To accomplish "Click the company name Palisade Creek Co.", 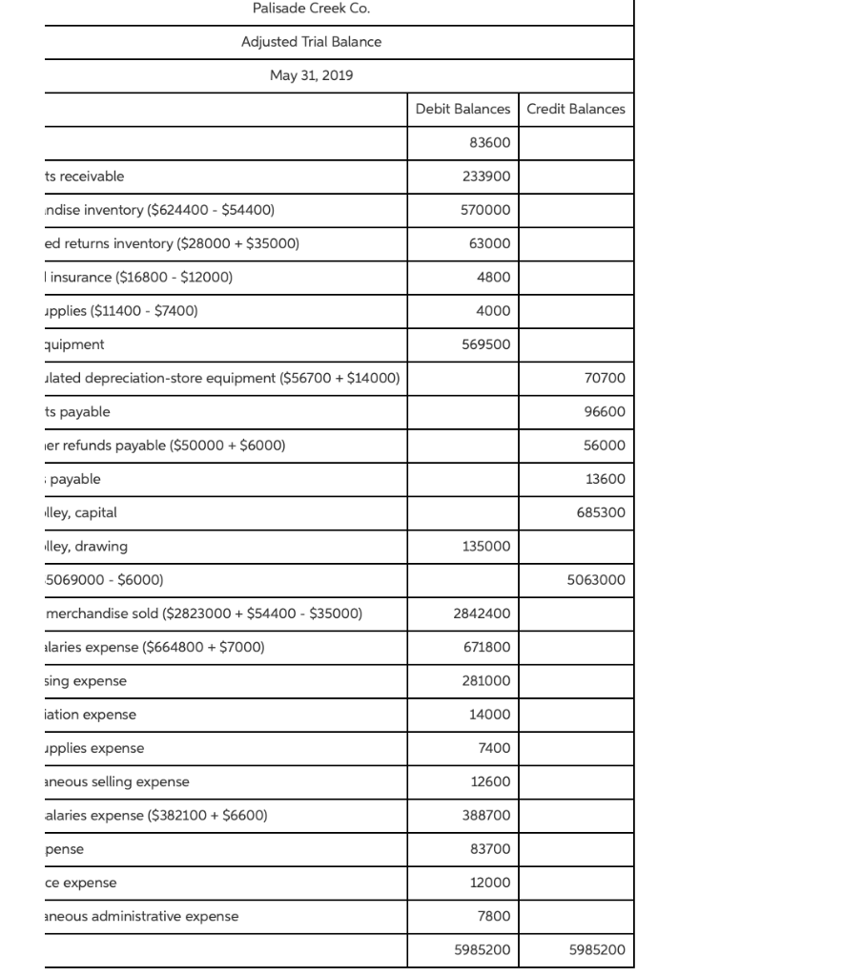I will coord(311,9).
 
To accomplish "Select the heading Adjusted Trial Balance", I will coord(311,42).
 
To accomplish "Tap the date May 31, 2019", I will coord(311,75).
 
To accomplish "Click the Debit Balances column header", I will coord(463,109).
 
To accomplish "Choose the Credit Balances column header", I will coord(576,109).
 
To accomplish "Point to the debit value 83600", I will coord(490,142).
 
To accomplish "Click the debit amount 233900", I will coord(486,177).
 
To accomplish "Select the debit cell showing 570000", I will coord(486,210).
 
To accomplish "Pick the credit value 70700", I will coord(606,378).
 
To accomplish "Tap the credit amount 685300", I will coord(602,512).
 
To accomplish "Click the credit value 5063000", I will coord(598,580).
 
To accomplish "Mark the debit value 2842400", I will coord(483,613).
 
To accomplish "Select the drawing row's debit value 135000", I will coord(486,547).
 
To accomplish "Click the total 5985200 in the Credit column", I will coord(598,950).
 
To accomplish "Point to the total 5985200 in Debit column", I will coord(483,950).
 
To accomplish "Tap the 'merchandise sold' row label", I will coord(204,613).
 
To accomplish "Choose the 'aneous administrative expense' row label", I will coord(142,917).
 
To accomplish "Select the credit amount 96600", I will coord(606,412).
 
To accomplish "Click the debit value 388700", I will coord(486,816).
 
